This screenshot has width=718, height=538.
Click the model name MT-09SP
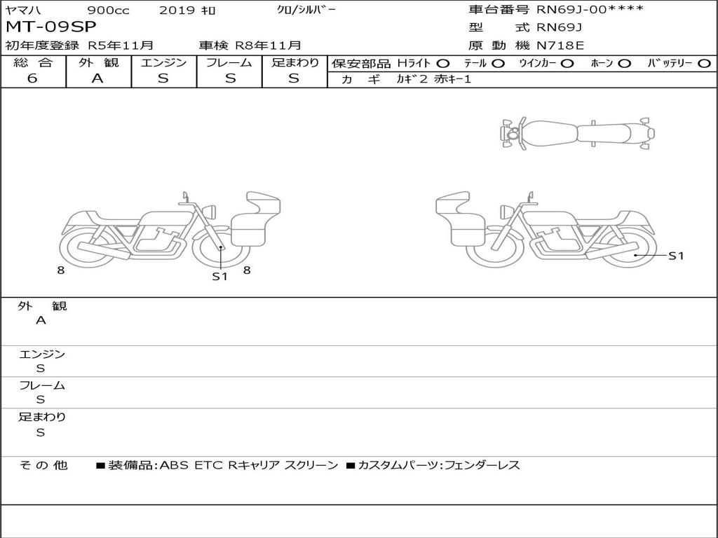(50, 27)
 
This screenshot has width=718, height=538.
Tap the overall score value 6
(32, 78)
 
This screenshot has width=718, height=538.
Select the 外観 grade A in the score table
(97, 78)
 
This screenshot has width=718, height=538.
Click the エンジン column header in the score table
(163, 62)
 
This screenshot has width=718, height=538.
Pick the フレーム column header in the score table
(229, 62)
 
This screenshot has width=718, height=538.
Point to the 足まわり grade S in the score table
(294, 78)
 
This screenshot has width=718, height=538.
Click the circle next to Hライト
(443, 64)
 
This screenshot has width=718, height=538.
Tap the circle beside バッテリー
(704, 64)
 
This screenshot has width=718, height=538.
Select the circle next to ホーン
(624, 64)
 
